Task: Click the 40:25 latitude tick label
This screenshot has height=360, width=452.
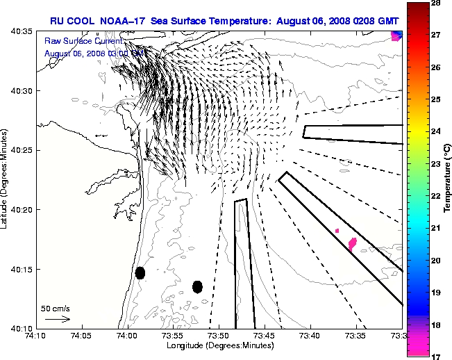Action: pyautogui.click(x=21, y=150)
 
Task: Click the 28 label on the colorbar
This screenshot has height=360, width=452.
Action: pyautogui.click(x=438, y=3)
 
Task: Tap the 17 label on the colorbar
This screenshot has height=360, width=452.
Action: pyautogui.click(x=438, y=357)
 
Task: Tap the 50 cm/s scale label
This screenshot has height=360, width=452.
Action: pyautogui.click(x=56, y=308)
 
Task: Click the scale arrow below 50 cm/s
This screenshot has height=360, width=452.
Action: pyautogui.click(x=58, y=319)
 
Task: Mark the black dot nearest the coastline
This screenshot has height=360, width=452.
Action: pyautogui.click(x=140, y=273)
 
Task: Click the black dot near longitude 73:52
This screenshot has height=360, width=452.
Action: pyautogui.click(x=197, y=286)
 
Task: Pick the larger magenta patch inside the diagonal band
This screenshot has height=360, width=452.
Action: pyautogui.click(x=352, y=243)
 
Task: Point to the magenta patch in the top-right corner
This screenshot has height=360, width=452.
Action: pyautogui.click(x=396, y=35)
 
